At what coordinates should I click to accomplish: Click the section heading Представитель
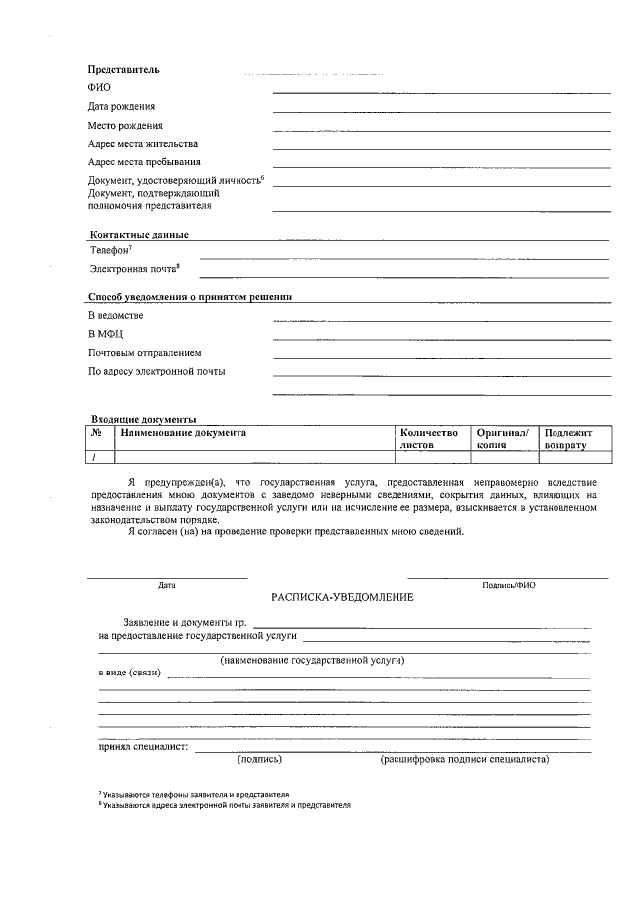[123, 70]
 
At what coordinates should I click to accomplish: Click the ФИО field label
[99, 88]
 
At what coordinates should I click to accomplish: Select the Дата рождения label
[121, 106]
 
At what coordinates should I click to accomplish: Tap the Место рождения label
[125, 125]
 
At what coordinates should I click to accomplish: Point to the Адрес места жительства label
[143, 143]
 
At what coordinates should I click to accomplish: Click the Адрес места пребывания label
[144, 161]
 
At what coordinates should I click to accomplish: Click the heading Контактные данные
[139, 234]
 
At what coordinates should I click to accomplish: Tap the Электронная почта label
[134, 269]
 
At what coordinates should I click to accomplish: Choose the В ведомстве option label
[115, 315]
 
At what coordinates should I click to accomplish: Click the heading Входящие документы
[143, 419]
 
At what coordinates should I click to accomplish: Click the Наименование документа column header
[184, 433]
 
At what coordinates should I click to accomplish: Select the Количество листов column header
[428, 439]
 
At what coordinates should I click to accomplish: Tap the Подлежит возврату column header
[567, 439]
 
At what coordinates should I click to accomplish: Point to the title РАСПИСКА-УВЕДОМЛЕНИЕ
[343, 597]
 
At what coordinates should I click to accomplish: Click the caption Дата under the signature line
[167, 585]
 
